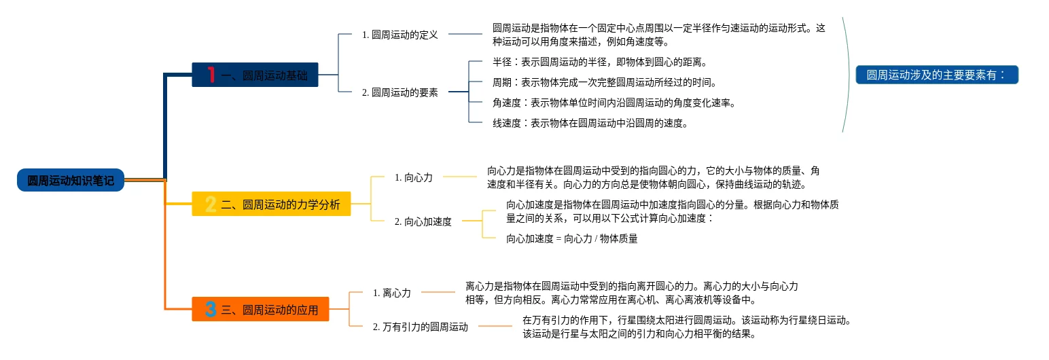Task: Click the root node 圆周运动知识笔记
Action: click(71, 180)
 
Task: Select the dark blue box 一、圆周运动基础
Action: click(255, 75)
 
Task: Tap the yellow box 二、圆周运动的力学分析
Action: click(271, 204)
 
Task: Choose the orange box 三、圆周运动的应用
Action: click(260, 309)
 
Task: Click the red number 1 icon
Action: click(211, 75)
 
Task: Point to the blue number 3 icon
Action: click(211, 309)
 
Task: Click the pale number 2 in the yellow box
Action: click(211, 204)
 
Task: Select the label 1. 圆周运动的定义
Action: click(400, 35)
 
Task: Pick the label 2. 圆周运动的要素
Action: click(400, 92)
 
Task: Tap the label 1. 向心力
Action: click(414, 177)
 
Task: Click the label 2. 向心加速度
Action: click(423, 221)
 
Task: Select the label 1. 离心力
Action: click(392, 293)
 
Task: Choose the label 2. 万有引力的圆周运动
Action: click(421, 327)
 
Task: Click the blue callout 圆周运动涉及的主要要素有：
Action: click(937, 75)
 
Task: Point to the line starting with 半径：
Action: click(600, 62)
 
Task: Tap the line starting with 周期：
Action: click(605, 82)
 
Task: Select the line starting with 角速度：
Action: click(614, 103)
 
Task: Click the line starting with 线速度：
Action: click(590, 123)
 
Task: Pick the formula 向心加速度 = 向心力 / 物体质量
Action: click(572, 238)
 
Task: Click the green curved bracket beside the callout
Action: click(848, 75)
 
